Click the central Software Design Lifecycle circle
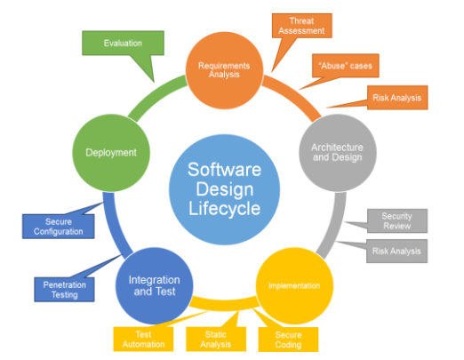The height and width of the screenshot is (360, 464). coord(224,189)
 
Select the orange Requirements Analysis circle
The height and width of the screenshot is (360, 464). coord(224,70)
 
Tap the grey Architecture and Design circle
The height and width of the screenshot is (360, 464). coord(338,153)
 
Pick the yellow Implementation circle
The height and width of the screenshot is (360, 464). coord(294,286)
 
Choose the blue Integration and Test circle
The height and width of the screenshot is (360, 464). coord(154,286)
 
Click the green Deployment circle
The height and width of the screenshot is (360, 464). coord(111,153)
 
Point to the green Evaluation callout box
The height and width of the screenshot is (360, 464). coord(123,43)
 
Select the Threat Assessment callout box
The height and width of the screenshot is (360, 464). coord(302,26)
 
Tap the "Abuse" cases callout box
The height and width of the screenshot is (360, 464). coord(346,66)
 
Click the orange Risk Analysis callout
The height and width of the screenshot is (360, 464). coord(397,98)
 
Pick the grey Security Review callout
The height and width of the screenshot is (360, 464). coord(397,220)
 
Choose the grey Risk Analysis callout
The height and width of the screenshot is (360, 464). coord(396,251)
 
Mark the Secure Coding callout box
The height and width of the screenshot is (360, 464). coord(288,340)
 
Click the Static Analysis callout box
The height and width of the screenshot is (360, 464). coord(216,340)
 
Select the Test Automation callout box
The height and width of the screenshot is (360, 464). coord(143,340)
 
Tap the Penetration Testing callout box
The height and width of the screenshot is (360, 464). coord(64,290)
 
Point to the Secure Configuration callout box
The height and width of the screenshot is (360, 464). coord(59,227)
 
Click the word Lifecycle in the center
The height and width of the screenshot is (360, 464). coord(225,208)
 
